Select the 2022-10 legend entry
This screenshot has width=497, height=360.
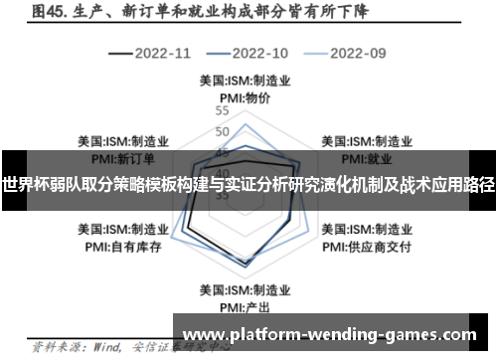tap(259, 52)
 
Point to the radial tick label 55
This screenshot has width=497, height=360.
tap(222, 111)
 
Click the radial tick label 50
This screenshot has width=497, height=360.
tap(222, 131)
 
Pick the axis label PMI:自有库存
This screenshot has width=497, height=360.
tap(122, 246)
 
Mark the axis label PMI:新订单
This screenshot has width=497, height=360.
tap(122, 157)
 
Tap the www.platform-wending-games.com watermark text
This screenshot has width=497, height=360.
tap(331, 335)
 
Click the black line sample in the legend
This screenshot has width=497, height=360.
tap(119, 52)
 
